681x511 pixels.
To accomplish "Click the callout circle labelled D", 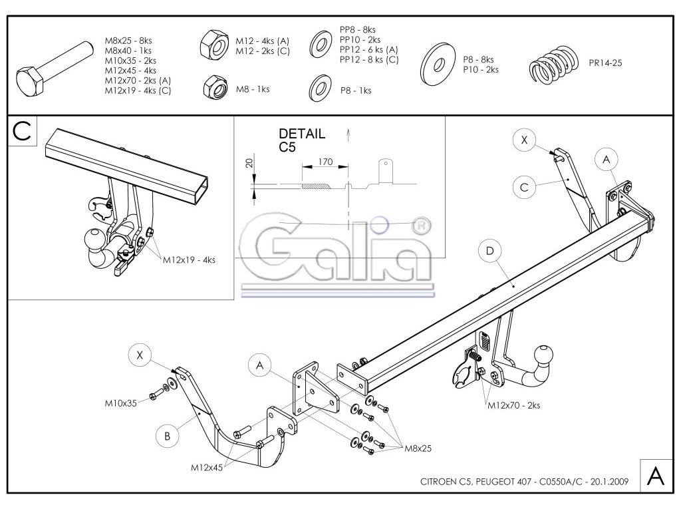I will (489, 251).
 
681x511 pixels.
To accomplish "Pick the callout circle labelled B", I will (168, 436).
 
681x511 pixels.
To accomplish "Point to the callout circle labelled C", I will (524, 188).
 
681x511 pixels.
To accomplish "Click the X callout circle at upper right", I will (524, 140).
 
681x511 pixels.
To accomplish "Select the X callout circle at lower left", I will (140, 355).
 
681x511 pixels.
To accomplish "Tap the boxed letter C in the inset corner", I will (21, 132).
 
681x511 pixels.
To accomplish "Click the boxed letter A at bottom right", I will (654, 476).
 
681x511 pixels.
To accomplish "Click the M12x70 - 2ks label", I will (513, 405).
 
